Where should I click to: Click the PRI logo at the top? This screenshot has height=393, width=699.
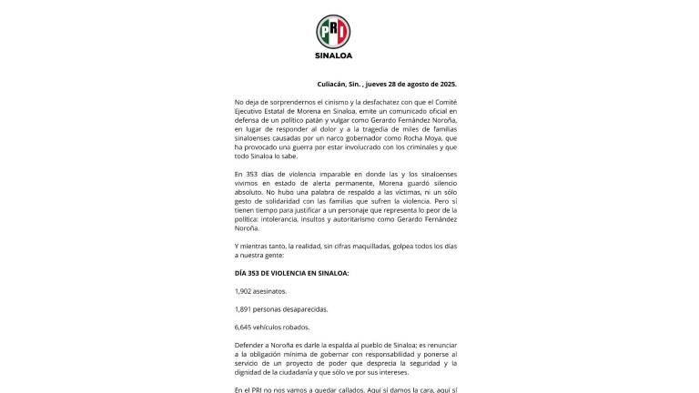[332, 32]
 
